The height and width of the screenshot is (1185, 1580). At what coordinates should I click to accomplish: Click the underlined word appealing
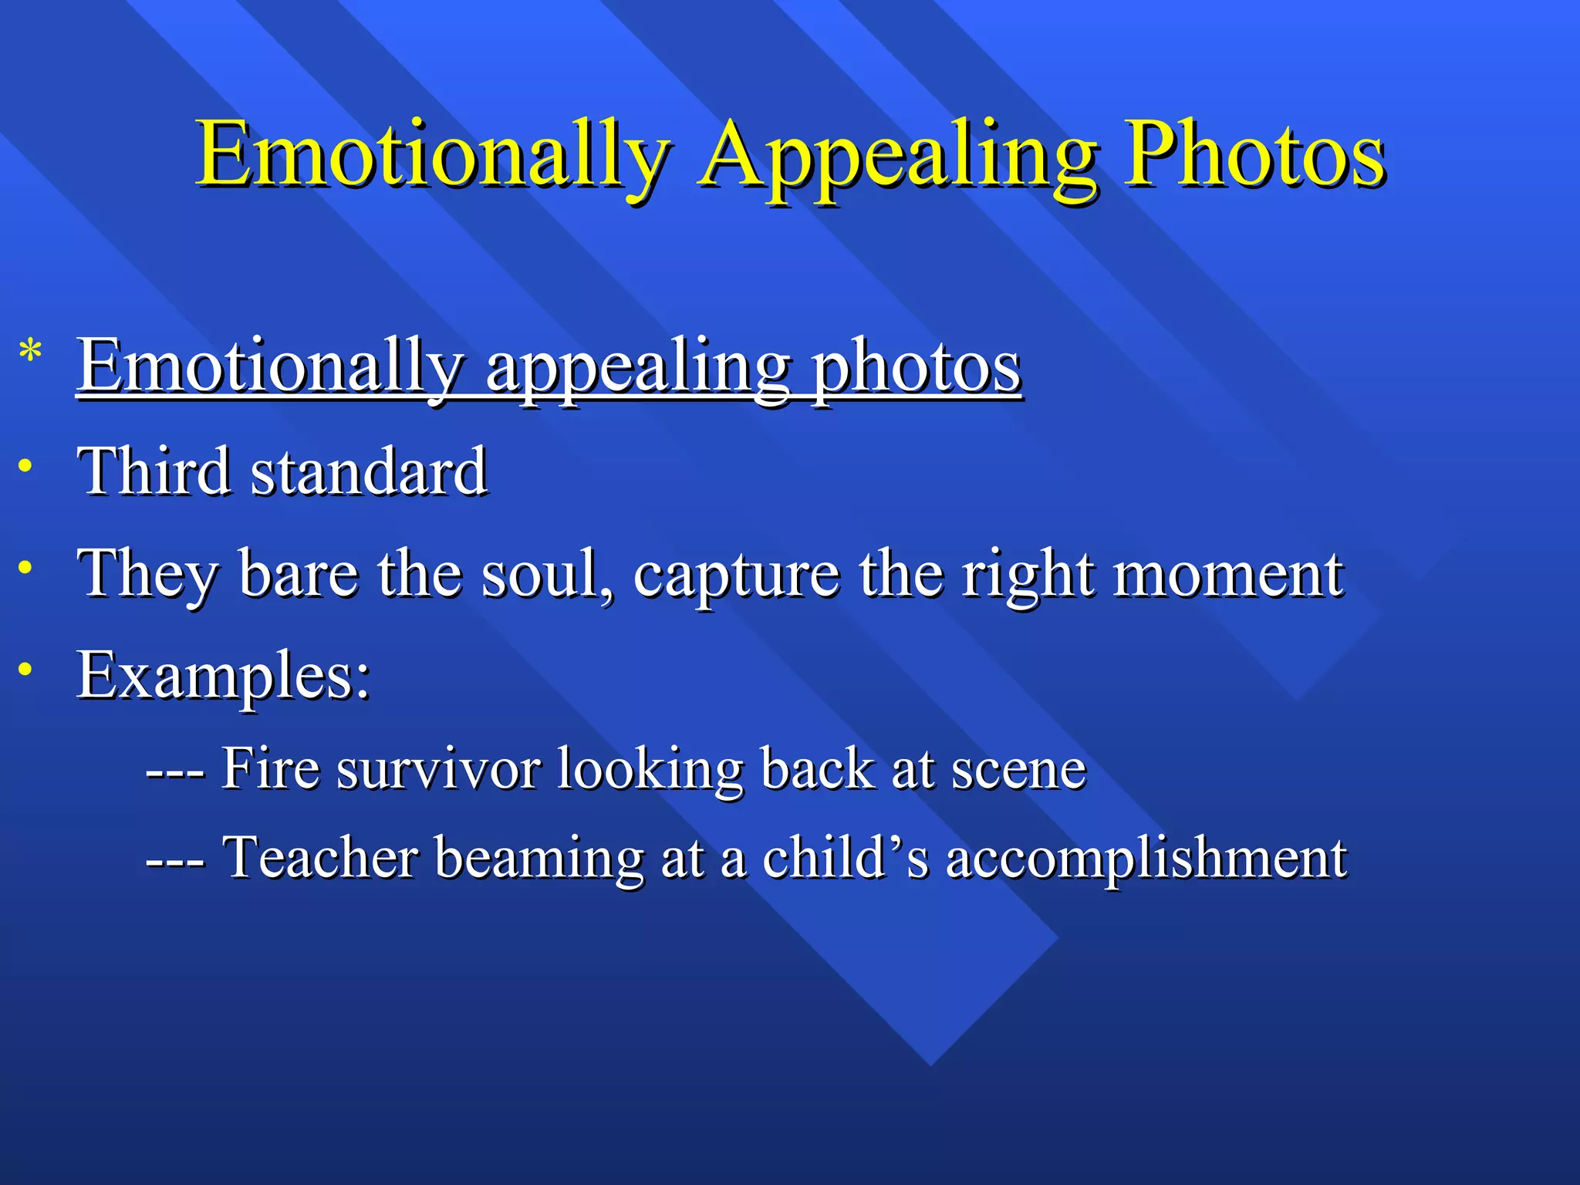pyautogui.click(x=637, y=370)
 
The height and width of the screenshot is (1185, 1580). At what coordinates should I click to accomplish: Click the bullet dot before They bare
pyautogui.click(x=26, y=567)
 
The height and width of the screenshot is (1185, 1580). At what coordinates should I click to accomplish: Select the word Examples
pyautogui.click(x=223, y=676)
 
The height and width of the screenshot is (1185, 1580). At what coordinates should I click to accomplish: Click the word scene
pyautogui.click(x=1018, y=769)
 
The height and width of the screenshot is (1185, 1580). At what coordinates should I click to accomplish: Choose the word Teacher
pyautogui.click(x=320, y=857)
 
